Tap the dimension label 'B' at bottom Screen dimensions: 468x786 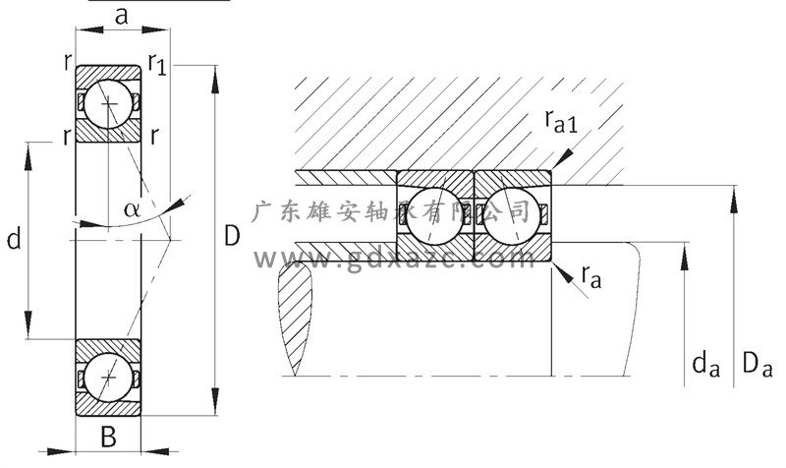[x=109, y=438]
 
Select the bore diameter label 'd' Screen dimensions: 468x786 [x=14, y=239]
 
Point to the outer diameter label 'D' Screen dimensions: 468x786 [x=232, y=237]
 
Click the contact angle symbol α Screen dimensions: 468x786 [x=133, y=208]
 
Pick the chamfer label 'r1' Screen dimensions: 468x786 [x=157, y=63]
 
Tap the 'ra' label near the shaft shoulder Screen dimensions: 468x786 [x=589, y=279]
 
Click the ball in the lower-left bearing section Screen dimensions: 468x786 [x=107, y=379]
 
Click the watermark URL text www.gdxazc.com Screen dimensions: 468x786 [x=393, y=259]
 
